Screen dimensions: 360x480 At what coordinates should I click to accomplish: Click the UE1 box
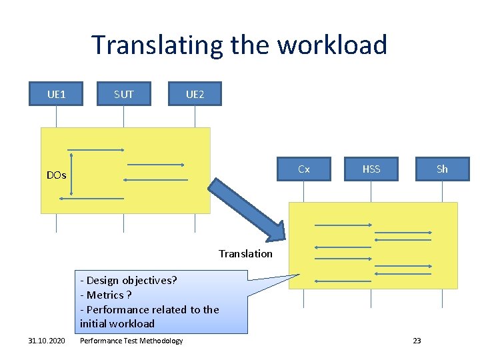56,94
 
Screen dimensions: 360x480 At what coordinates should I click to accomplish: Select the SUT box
123,94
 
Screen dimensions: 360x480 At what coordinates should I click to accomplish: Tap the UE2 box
195,94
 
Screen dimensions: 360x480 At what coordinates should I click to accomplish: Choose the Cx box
303,169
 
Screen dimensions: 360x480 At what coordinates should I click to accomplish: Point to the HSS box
371,169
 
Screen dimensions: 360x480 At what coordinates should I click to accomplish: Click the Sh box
442,169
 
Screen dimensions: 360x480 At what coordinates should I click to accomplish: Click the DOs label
56,175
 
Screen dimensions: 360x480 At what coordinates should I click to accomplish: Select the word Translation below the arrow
245,253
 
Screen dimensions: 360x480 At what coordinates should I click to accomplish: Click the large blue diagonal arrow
247,207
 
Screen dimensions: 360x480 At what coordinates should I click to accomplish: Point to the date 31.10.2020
47,341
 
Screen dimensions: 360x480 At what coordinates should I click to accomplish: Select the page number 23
417,341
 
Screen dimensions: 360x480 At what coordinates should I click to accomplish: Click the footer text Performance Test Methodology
131,341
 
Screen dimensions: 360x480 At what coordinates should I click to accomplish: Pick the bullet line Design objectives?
129,280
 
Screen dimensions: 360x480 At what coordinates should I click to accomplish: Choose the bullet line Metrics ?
106,295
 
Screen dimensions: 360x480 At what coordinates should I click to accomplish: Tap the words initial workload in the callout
117,323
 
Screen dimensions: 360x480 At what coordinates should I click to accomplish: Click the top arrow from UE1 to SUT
97,149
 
